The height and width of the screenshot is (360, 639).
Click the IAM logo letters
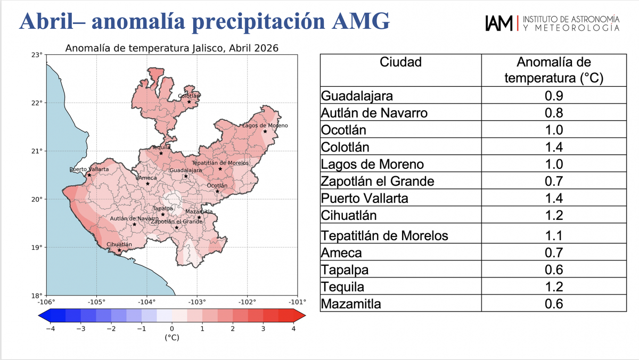click(499, 23)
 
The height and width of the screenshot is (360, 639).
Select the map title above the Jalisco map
click(171, 48)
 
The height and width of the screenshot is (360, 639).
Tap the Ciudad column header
click(400, 62)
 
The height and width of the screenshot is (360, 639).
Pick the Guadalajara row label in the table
click(357, 96)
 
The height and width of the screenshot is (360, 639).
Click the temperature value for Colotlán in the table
click(554, 147)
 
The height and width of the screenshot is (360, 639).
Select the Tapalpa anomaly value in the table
click(554, 270)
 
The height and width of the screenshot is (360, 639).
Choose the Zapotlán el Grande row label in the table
click(378, 182)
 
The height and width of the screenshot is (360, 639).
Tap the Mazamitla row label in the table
click(351, 304)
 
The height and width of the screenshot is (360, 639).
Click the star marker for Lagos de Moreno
click(265, 132)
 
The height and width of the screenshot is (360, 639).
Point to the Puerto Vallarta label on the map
click(89, 169)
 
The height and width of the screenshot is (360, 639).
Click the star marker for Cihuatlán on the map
click(119, 250)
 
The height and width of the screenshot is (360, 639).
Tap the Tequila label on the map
click(161, 148)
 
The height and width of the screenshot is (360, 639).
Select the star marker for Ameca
click(148, 184)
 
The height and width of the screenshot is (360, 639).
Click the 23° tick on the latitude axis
click(37, 55)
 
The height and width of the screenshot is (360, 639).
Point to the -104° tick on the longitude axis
click(146, 301)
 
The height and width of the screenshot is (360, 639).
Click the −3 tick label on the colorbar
click(81, 329)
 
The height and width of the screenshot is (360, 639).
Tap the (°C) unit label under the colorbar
click(172, 338)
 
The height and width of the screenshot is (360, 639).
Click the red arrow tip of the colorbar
click(305, 315)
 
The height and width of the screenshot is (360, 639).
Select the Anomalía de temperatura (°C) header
click(554, 70)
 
